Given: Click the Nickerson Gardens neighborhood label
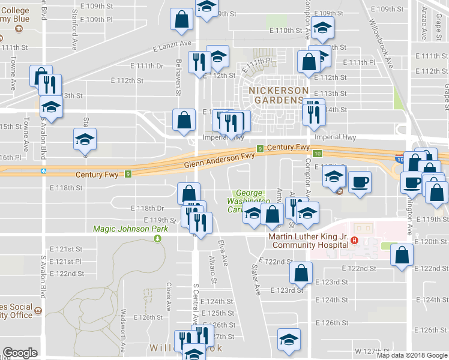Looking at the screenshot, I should (x=276, y=94).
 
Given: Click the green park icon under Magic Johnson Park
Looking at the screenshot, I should (x=157, y=238).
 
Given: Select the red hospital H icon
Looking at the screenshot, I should (x=354, y=241).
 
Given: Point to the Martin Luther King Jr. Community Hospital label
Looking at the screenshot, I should (x=307, y=240).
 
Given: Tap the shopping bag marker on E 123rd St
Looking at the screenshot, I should (x=301, y=273).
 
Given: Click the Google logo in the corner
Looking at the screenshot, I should (x=20, y=352).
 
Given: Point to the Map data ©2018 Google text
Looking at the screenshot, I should (x=412, y=355).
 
